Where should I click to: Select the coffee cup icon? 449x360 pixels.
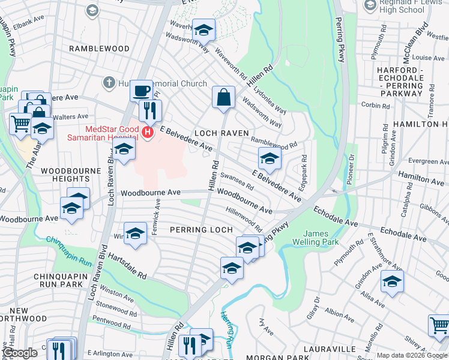141,91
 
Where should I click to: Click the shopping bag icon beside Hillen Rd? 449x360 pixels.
223,97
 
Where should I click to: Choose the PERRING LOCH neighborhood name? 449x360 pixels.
200,230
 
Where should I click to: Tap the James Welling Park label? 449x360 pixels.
321,238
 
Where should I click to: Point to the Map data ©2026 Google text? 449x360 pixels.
412,355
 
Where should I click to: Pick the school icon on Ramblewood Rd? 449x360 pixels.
270,159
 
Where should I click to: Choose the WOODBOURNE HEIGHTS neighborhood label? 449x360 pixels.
70,175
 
